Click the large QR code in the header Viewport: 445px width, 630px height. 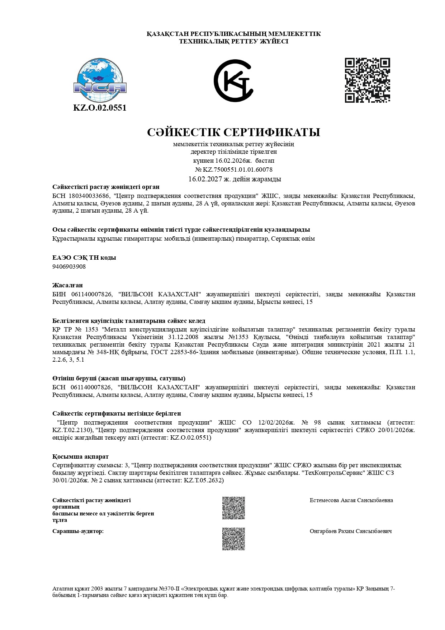367,80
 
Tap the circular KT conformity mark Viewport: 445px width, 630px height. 233,81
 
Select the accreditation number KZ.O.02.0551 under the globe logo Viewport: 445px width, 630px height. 100,108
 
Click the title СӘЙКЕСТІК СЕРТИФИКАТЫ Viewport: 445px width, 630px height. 233,132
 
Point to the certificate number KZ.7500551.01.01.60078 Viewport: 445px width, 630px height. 237,170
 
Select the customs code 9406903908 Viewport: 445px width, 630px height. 69,267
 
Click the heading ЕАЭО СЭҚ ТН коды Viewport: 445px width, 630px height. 84,258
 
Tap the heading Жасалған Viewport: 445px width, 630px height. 67,285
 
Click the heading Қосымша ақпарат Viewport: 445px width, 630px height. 80,457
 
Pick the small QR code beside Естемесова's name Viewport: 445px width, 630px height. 233,508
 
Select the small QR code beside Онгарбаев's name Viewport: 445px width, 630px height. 233,539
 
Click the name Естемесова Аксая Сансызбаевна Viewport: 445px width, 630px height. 351,500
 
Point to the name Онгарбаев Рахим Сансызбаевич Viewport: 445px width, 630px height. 350,531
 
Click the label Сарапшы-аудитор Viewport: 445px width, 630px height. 78,531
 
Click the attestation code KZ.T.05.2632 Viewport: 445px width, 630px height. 203,480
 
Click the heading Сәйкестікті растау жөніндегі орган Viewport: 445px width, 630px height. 106,187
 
